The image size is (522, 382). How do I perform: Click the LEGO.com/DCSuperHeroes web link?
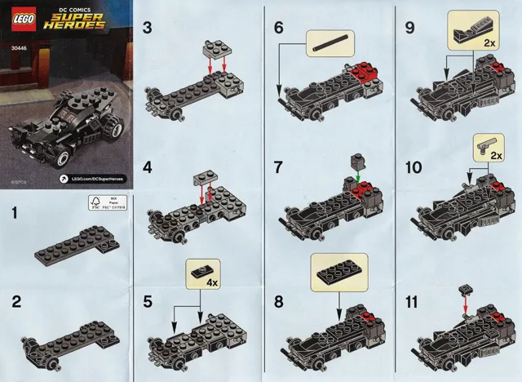coord(95,177)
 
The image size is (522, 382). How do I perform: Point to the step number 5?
coord(148,300)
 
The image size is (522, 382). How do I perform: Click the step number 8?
coord(279,300)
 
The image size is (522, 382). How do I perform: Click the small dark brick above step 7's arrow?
coord(356,160)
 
